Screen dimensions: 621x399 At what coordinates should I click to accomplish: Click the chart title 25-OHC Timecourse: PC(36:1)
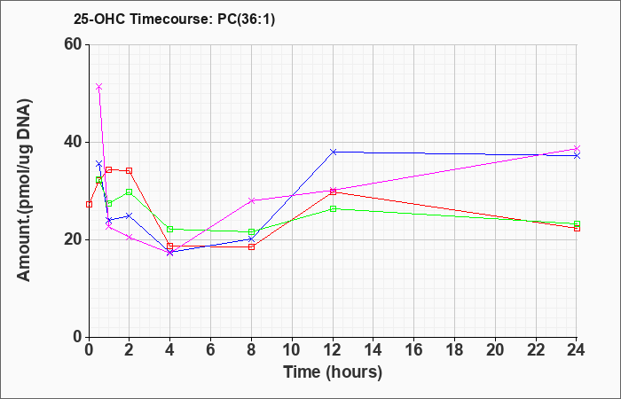174,20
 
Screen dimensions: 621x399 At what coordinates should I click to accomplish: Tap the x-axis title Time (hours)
333,372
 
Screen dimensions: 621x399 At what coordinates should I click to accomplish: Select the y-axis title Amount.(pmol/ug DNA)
25,190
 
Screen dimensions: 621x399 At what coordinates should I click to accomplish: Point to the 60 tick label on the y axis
73,44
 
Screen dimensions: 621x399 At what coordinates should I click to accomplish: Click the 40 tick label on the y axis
73,142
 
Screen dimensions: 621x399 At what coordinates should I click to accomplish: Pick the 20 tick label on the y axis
73,239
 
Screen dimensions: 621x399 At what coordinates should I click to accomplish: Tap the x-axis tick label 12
333,350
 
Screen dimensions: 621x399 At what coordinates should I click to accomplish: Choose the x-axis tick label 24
577,350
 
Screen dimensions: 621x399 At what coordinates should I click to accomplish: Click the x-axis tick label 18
454,350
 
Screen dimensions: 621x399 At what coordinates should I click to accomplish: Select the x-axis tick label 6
211,350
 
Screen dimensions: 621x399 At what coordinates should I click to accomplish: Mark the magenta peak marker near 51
99,87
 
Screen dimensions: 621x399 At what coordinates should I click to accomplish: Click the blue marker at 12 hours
333,152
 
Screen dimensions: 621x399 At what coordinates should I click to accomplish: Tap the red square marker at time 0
89,204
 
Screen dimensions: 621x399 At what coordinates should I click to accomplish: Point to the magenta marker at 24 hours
577,148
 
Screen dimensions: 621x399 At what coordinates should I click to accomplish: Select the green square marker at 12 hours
333,208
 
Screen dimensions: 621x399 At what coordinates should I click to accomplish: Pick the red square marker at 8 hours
251,246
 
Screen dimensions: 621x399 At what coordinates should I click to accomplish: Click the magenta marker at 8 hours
251,200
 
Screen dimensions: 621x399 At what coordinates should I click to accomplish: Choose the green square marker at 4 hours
170,229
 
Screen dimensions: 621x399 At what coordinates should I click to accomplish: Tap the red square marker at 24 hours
577,228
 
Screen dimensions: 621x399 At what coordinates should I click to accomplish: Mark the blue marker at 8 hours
251,239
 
